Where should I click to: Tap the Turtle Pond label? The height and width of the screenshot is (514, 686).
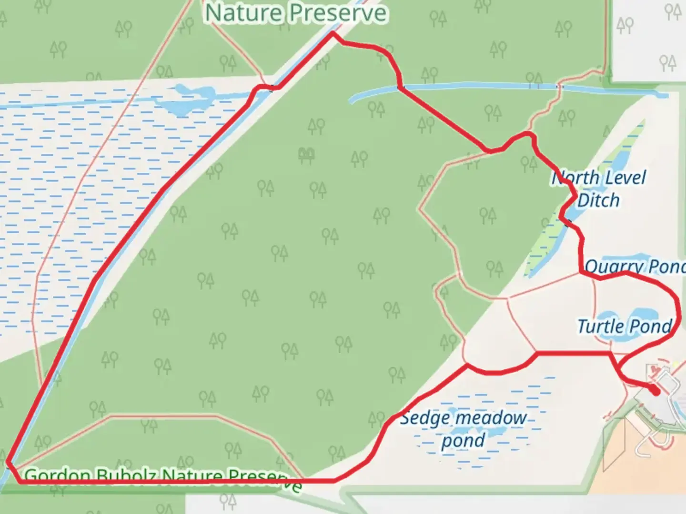(625, 326)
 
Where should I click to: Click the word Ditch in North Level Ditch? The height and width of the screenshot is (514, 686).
(598, 200)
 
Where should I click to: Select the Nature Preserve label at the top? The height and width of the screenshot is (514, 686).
(296, 13)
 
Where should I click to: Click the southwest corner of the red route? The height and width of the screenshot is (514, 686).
(8, 461)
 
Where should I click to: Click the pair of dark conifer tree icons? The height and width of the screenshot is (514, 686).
(306, 154)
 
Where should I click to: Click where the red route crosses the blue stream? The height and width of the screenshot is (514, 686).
(400, 87)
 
